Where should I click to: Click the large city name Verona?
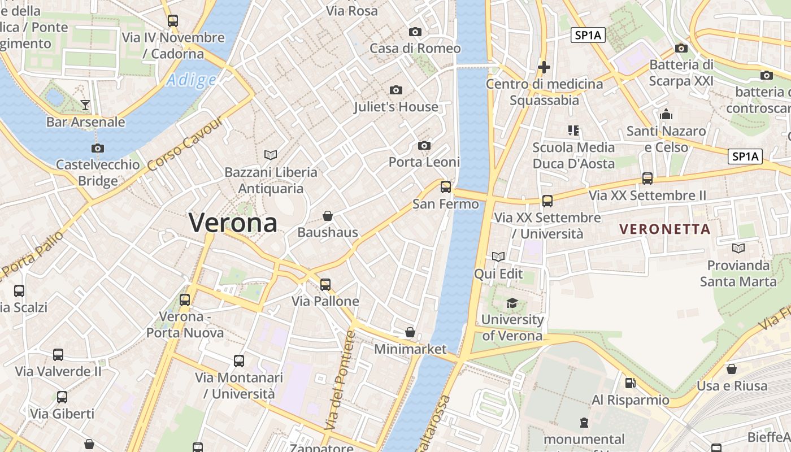(233, 223)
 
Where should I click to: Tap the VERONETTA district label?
(664, 229)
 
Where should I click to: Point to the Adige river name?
(192, 80)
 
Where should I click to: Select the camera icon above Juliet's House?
(396, 90)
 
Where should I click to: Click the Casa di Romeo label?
(415, 49)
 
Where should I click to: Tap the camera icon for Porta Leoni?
(424, 146)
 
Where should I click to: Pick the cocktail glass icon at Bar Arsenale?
(85, 105)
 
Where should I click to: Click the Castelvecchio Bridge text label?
(98, 173)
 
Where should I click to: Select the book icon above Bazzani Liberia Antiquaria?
(271, 155)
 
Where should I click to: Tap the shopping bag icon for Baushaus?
(328, 216)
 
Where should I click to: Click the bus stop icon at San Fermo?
(446, 187)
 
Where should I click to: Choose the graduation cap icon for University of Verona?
(512, 303)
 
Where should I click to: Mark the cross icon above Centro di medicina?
(544, 67)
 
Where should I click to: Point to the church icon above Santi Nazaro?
(666, 115)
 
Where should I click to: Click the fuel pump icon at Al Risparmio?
(631, 383)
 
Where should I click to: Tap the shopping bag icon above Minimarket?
(411, 332)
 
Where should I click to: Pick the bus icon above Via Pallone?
(325, 285)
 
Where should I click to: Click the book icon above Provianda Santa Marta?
(738, 248)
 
